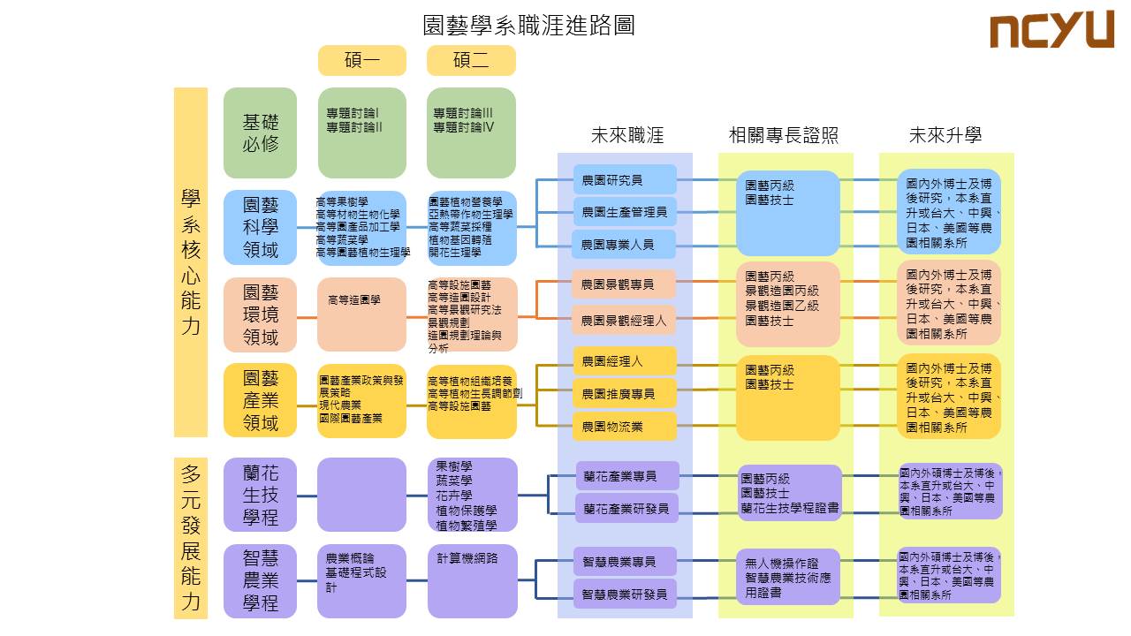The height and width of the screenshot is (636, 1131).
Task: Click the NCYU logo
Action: point(1051,30)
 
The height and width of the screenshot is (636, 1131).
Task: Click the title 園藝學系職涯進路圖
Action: point(529,25)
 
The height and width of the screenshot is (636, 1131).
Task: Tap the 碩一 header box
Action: point(362,60)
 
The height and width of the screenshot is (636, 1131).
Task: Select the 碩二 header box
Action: point(471,60)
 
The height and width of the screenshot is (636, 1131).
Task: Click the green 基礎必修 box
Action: point(261,132)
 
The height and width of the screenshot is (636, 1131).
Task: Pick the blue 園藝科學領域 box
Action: point(261,228)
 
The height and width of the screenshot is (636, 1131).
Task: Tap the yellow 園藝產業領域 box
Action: point(261,400)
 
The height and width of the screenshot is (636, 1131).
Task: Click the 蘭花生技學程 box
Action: point(261,495)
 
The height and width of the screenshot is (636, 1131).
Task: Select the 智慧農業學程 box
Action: point(261,580)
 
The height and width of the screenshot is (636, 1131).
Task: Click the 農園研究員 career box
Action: point(625,180)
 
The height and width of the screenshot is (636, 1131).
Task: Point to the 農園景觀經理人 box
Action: point(625,321)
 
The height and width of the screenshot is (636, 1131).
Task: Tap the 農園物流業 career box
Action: point(625,427)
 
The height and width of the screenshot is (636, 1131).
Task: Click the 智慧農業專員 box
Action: point(625,562)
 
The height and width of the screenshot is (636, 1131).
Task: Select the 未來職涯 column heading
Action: point(626,135)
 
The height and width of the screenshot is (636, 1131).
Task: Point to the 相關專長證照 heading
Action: point(783,135)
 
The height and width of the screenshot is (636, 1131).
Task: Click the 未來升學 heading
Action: point(945,135)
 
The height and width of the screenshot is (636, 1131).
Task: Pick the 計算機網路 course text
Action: point(467,558)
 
